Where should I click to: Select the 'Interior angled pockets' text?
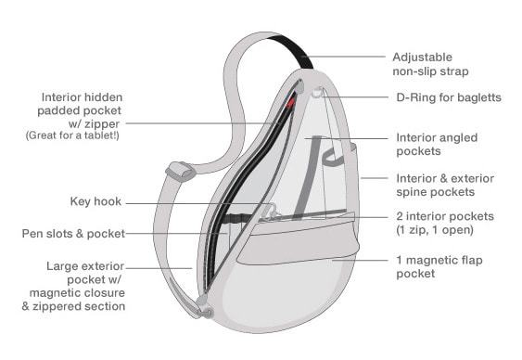click(437, 144)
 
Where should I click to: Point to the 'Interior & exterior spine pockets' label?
click(445, 184)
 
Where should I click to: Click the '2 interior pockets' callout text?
click(445, 216)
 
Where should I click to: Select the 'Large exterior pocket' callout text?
click(85, 286)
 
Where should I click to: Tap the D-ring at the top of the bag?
click(318, 92)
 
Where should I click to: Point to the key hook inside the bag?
click(270, 211)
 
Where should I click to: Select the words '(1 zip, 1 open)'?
click(437, 229)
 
